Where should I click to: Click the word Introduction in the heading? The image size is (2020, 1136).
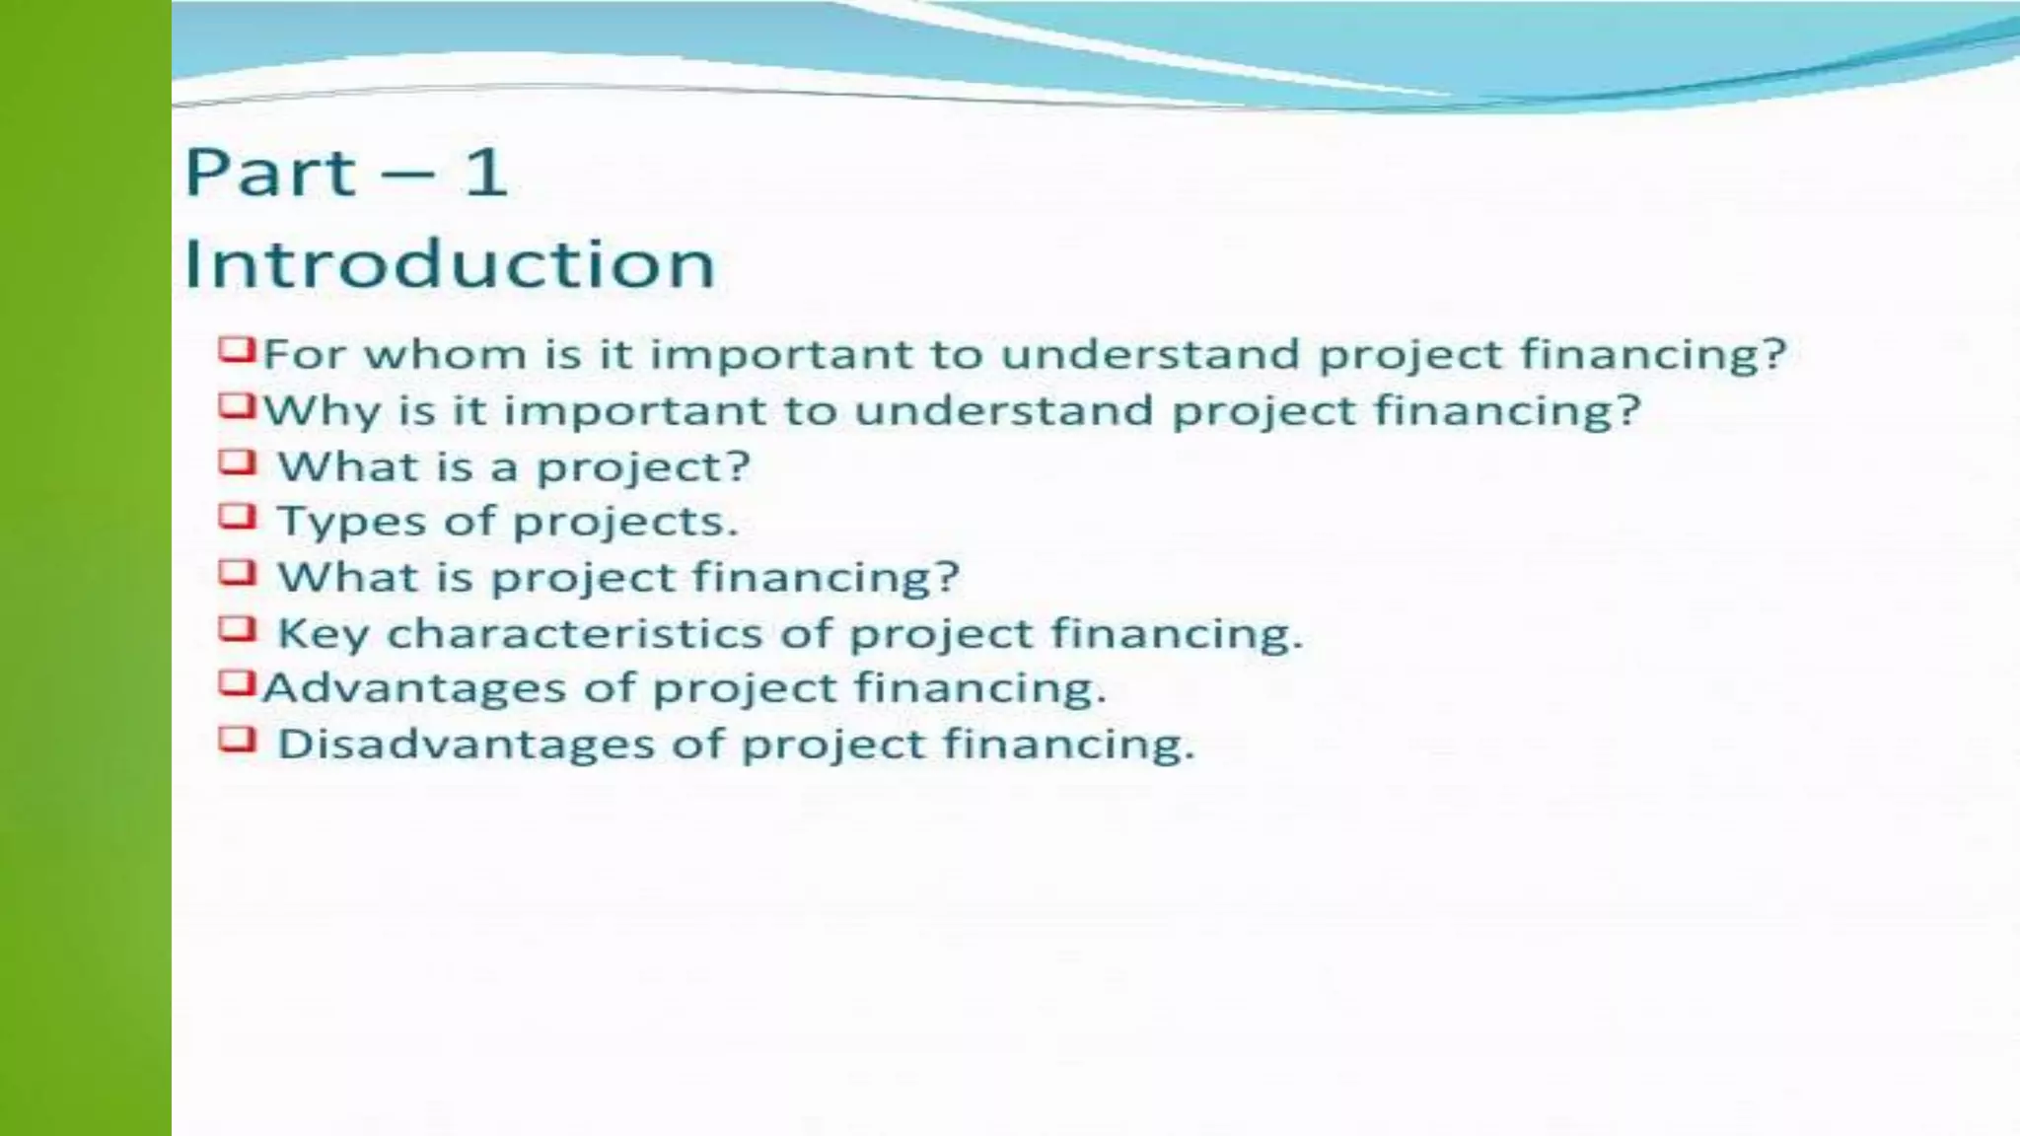450,264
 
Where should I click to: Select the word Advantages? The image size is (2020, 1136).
413,688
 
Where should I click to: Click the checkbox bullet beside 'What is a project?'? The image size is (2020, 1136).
237,461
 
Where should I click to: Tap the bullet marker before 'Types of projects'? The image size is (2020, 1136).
237,517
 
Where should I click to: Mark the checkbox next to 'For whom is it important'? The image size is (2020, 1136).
237,349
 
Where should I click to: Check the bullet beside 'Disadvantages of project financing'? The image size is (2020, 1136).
237,740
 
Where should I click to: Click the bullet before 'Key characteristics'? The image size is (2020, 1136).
237,628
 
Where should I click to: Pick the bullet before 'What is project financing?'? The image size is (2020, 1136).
237,572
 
